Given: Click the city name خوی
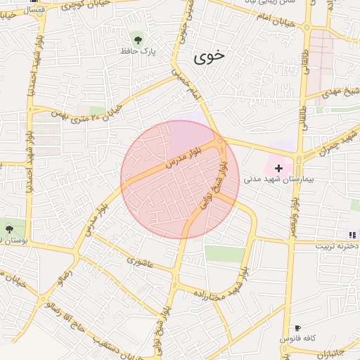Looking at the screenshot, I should (210, 58).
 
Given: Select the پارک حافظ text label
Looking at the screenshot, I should (136, 51).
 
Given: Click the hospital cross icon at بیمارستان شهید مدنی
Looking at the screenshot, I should (279, 168).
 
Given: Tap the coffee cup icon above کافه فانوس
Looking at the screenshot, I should (297, 328).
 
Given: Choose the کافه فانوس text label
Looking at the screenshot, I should (297, 339).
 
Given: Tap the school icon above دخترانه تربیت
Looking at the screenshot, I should (351, 235).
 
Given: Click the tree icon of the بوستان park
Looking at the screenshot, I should (9, 229).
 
